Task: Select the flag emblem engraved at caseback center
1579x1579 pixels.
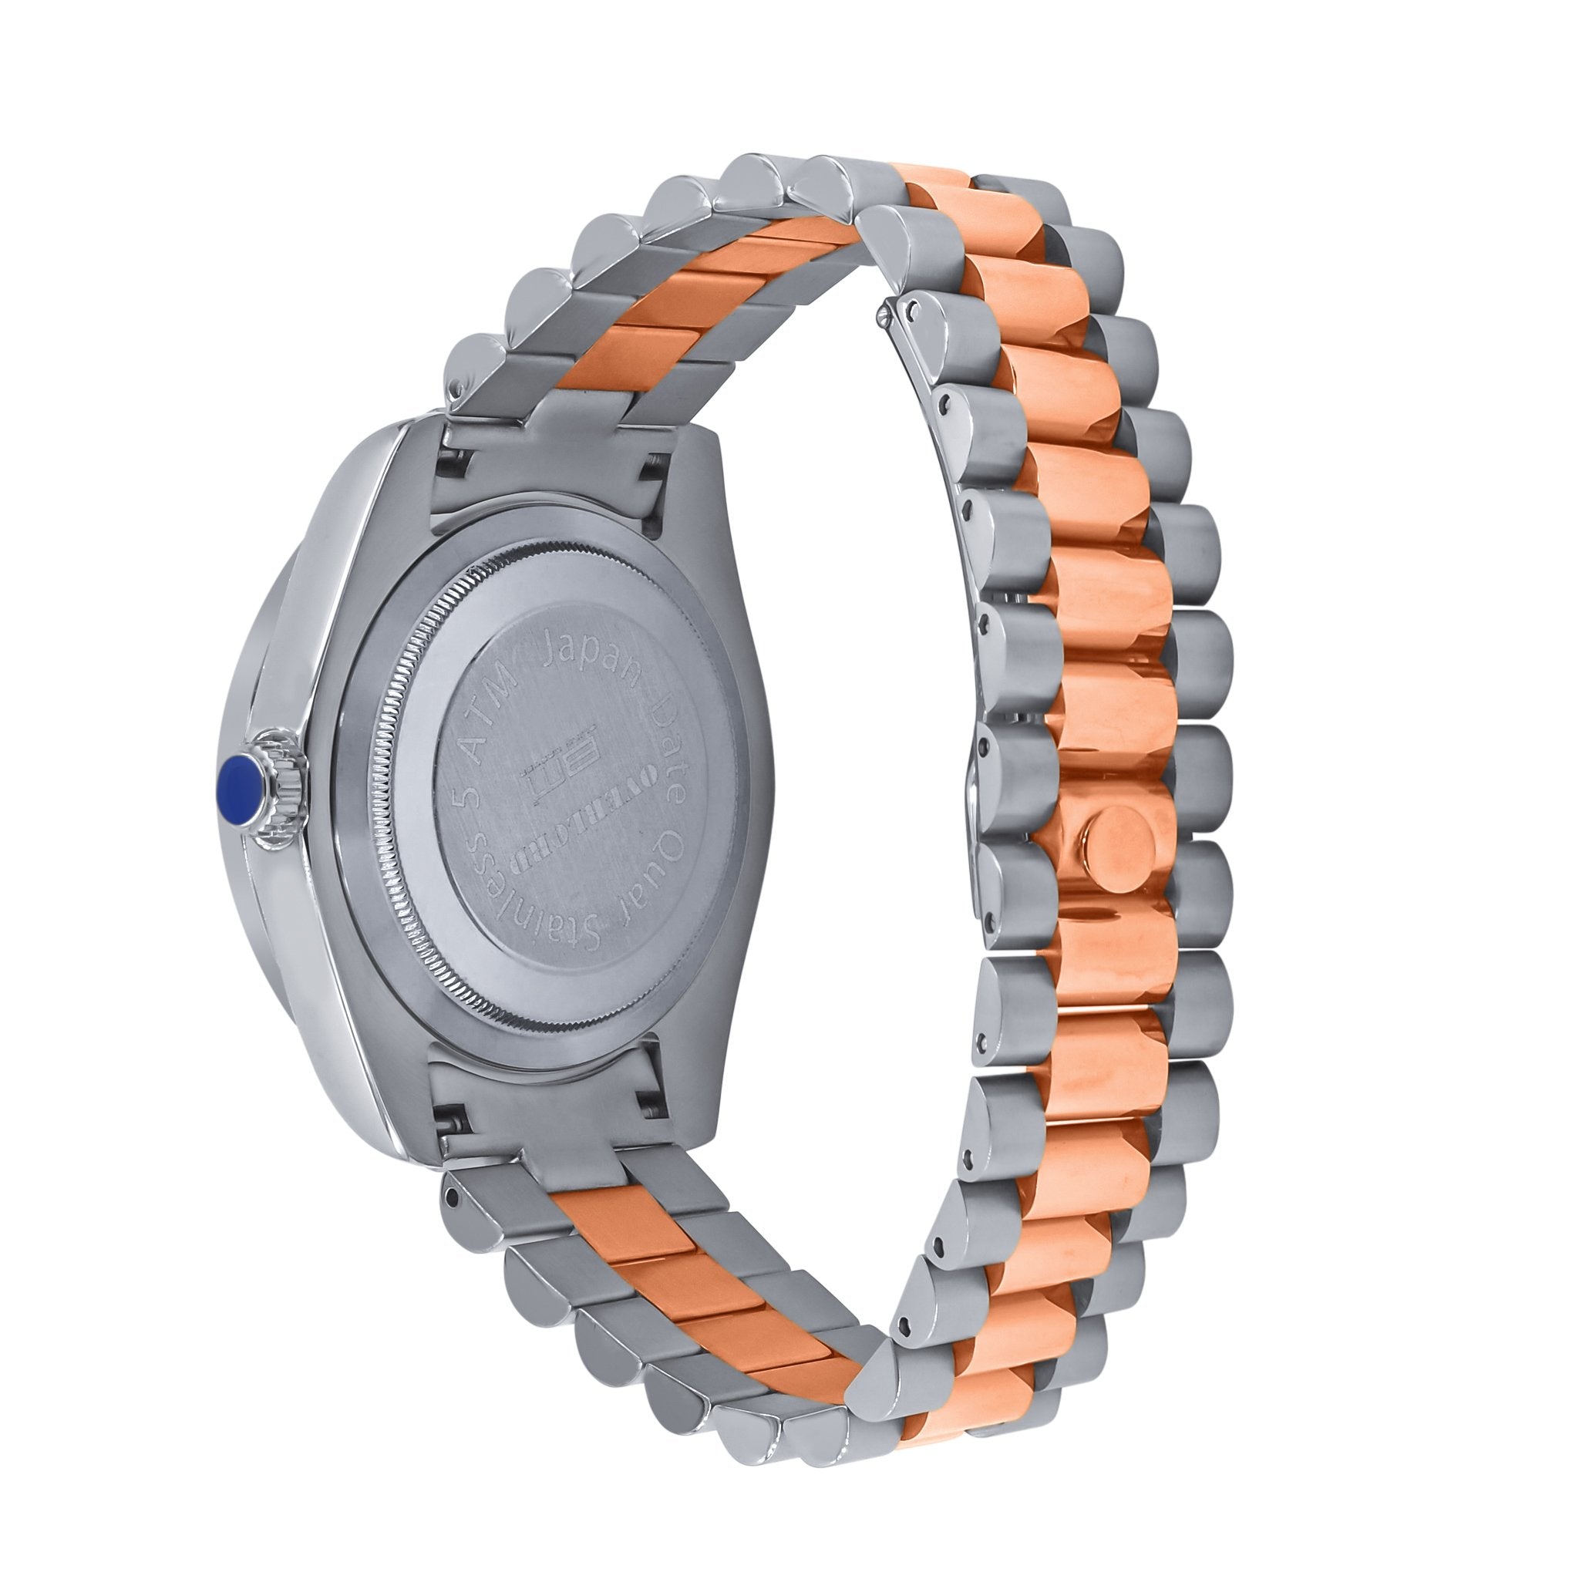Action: click(557, 760)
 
